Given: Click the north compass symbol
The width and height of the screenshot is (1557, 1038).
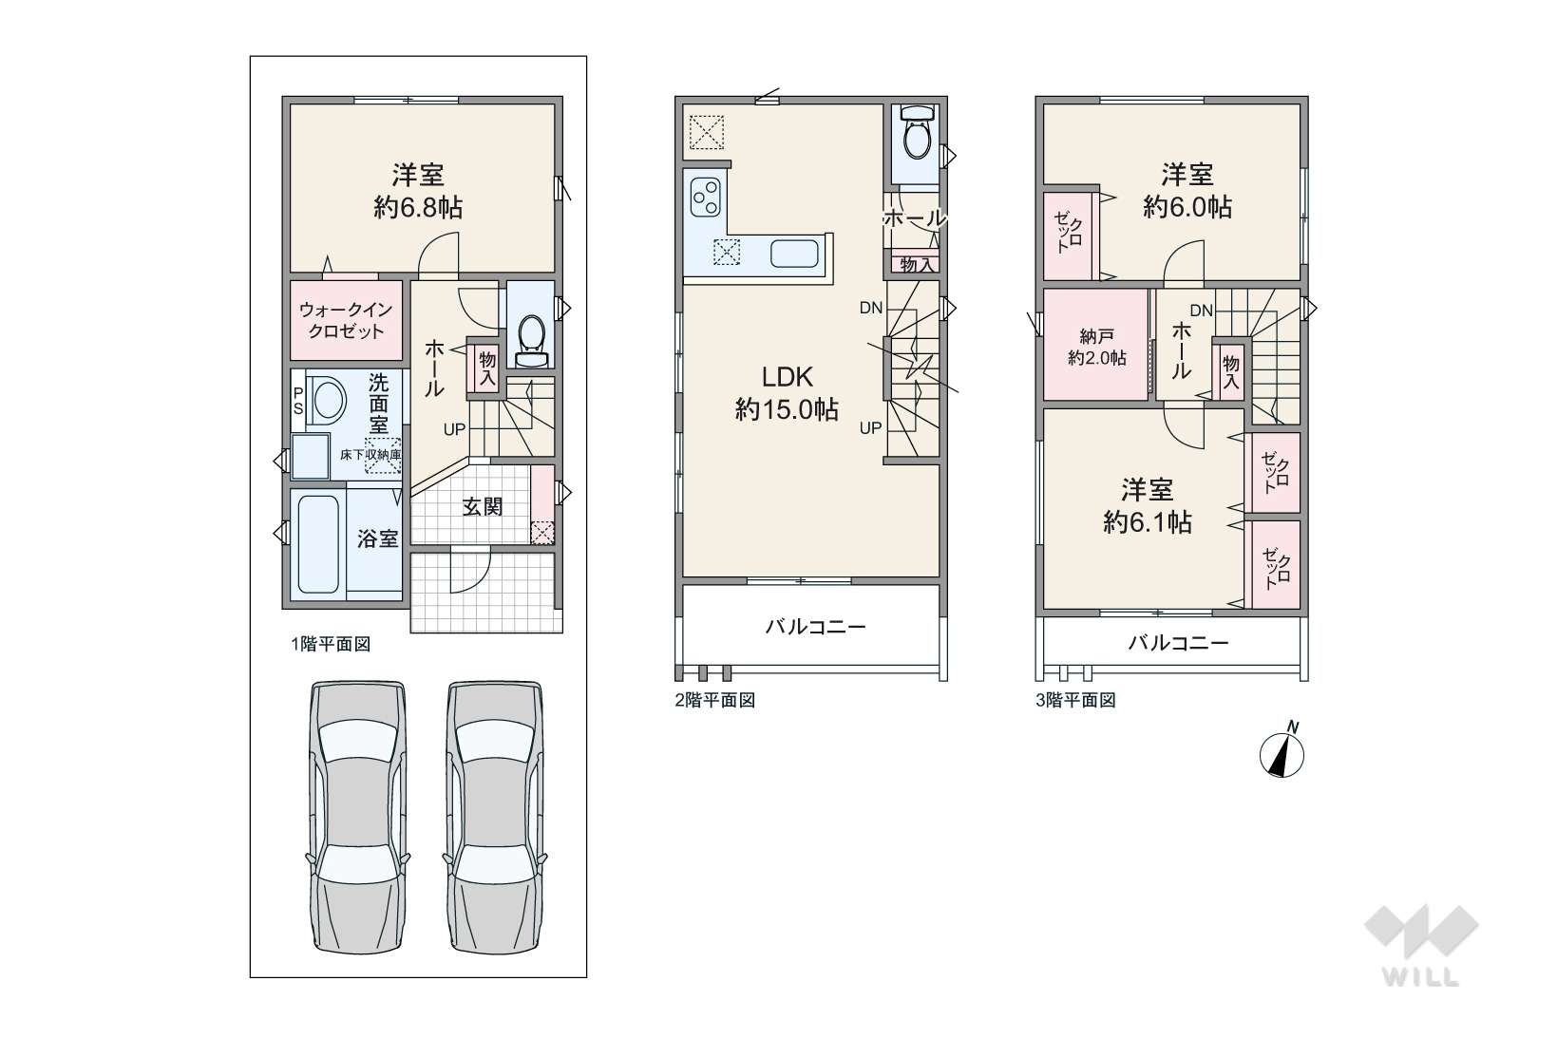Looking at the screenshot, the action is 1282,755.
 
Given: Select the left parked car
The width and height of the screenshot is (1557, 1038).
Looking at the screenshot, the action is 357,817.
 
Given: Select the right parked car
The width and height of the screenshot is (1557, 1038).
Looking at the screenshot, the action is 495,817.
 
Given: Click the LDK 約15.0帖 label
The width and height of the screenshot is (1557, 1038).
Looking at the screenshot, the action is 787,393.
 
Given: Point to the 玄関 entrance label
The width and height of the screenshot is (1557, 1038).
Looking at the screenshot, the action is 483,506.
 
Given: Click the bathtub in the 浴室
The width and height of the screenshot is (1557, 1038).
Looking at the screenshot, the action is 318,544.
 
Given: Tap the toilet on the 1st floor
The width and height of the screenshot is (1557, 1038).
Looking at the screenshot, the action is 532,339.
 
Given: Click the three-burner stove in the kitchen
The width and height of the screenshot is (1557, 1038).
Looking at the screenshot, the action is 706,198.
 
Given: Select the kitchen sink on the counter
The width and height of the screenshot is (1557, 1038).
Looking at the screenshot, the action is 794,254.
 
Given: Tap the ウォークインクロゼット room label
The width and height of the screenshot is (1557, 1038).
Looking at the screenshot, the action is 346,320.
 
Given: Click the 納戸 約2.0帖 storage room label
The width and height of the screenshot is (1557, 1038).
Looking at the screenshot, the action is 1097,348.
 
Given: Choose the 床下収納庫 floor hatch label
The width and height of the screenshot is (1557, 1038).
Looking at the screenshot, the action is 370,455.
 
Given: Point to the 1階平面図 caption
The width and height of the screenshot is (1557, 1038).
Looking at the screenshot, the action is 331,644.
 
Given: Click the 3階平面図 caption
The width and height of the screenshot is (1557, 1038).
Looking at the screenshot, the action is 1076,700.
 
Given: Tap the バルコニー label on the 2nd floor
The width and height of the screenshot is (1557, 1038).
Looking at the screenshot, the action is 815,627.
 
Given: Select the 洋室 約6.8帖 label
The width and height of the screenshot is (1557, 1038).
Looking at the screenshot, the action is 418,191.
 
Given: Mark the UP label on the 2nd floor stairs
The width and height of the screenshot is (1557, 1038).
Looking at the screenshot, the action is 870,428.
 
